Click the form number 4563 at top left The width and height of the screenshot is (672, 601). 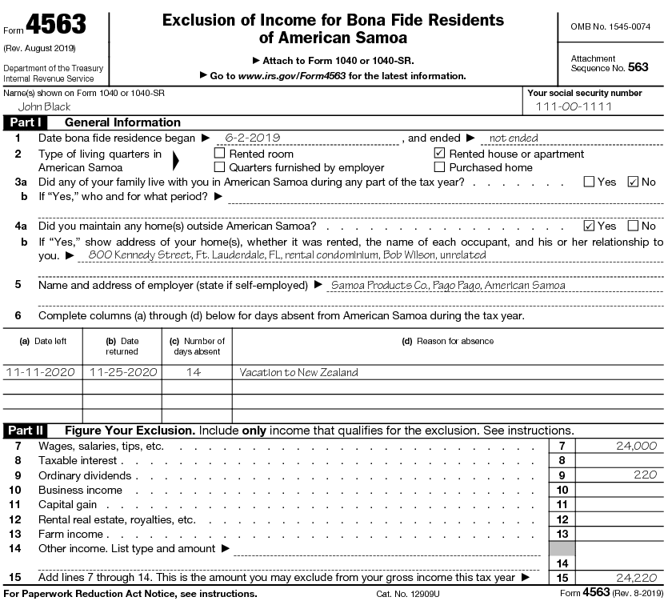(x=55, y=26)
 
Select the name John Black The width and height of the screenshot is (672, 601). (x=44, y=106)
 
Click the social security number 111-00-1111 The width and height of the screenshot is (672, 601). (x=574, y=106)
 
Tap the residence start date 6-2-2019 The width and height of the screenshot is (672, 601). (x=252, y=138)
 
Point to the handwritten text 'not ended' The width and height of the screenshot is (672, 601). (x=513, y=138)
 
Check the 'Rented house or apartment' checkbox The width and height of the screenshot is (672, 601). (x=439, y=153)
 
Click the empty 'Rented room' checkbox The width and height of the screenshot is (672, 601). (x=219, y=153)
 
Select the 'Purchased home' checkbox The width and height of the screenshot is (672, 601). (x=439, y=167)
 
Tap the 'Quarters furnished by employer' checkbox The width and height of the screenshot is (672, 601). (x=219, y=167)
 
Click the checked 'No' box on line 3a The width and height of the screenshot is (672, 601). (x=633, y=182)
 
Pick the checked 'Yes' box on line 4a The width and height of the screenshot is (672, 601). (x=589, y=226)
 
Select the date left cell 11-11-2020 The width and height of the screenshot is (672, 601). (x=41, y=372)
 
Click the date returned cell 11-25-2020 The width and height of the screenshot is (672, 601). (x=122, y=372)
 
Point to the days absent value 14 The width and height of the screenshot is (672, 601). (x=193, y=372)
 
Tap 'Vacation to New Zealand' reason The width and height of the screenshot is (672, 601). (x=299, y=372)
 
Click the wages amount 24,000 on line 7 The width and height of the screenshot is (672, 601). (x=636, y=446)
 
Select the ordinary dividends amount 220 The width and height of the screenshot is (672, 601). (x=644, y=475)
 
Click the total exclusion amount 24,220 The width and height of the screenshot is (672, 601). (x=636, y=577)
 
